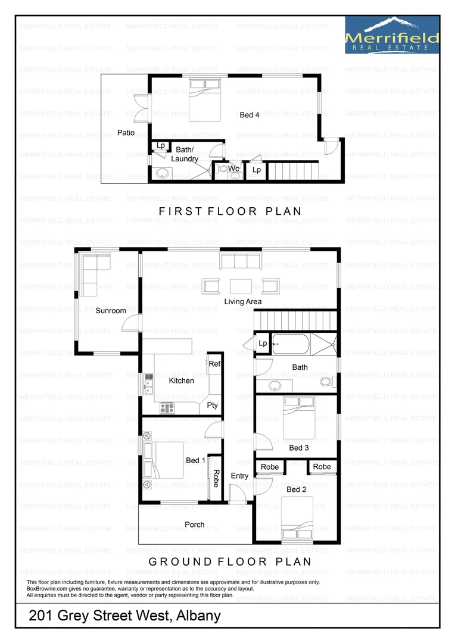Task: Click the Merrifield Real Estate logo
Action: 392,35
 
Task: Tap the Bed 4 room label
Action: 250,115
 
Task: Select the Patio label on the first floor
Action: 126,133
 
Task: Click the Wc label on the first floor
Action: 234,169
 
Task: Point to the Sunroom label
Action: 111,311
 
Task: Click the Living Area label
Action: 243,302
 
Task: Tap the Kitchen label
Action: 182,380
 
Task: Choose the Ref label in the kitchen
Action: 214,364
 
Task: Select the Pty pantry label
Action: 213,405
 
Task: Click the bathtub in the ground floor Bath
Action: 290,344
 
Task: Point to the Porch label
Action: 195,525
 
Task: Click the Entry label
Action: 239,476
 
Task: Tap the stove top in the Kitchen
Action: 167,408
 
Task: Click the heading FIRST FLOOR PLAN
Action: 230,211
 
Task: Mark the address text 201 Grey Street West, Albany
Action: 125,616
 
